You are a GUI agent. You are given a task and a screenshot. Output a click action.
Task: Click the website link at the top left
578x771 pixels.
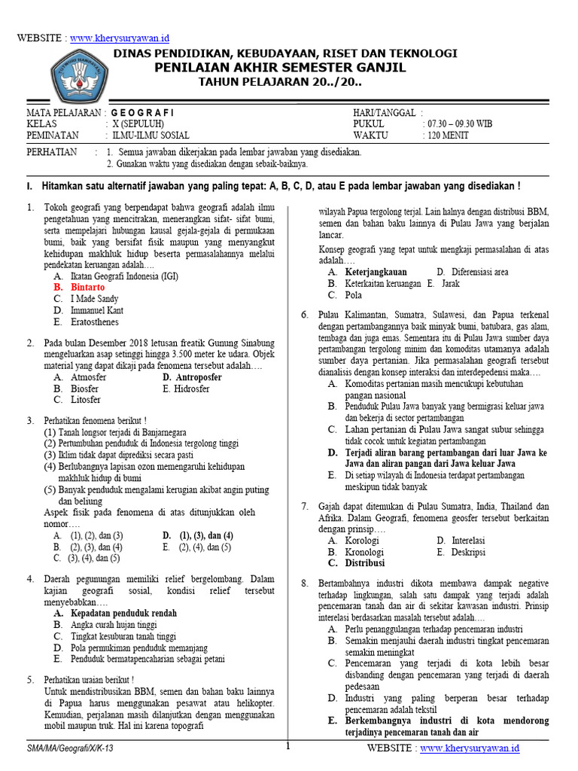[x=120, y=38]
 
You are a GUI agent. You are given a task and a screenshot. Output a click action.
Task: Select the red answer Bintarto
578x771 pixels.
[x=87, y=288]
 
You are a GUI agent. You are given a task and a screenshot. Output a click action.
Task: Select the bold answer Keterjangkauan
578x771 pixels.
[x=376, y=272]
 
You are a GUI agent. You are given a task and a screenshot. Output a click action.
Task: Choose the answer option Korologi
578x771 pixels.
[x=362, y=541]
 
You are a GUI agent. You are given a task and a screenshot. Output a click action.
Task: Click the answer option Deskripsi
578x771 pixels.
[x=468, y=552]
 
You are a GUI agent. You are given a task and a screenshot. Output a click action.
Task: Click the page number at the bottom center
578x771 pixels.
[x=287, y=746]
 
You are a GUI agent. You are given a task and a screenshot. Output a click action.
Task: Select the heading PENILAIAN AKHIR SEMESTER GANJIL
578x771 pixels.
[x=279, y=68]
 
